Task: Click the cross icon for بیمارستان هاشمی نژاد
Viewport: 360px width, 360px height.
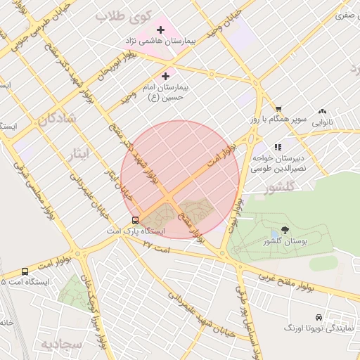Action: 161,30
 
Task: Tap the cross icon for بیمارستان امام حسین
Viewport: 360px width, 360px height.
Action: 166,76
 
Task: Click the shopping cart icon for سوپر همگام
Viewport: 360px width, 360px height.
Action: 278,109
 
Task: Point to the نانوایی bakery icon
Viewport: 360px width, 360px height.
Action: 323,110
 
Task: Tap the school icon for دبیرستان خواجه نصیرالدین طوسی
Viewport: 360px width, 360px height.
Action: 278,147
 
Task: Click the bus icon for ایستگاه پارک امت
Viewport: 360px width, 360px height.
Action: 134,219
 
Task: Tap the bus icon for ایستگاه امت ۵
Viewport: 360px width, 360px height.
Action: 25,271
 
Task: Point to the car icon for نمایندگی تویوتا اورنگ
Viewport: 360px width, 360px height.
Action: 319,317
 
